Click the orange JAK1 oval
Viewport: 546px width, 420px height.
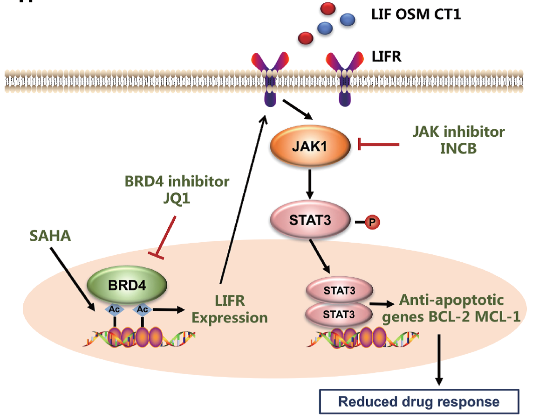(310, 146)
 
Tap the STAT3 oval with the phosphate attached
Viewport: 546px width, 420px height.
(310, 220)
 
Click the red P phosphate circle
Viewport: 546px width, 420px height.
(372, 223)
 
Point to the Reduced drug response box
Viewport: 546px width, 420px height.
(419, 401)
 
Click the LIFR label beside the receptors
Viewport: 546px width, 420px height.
(386, 57)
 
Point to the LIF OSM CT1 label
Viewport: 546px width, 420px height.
(416, 15)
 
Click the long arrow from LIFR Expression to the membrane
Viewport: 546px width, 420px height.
(242, 201)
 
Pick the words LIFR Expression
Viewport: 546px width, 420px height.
(230, 309)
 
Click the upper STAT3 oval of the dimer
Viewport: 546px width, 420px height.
(339, 291)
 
